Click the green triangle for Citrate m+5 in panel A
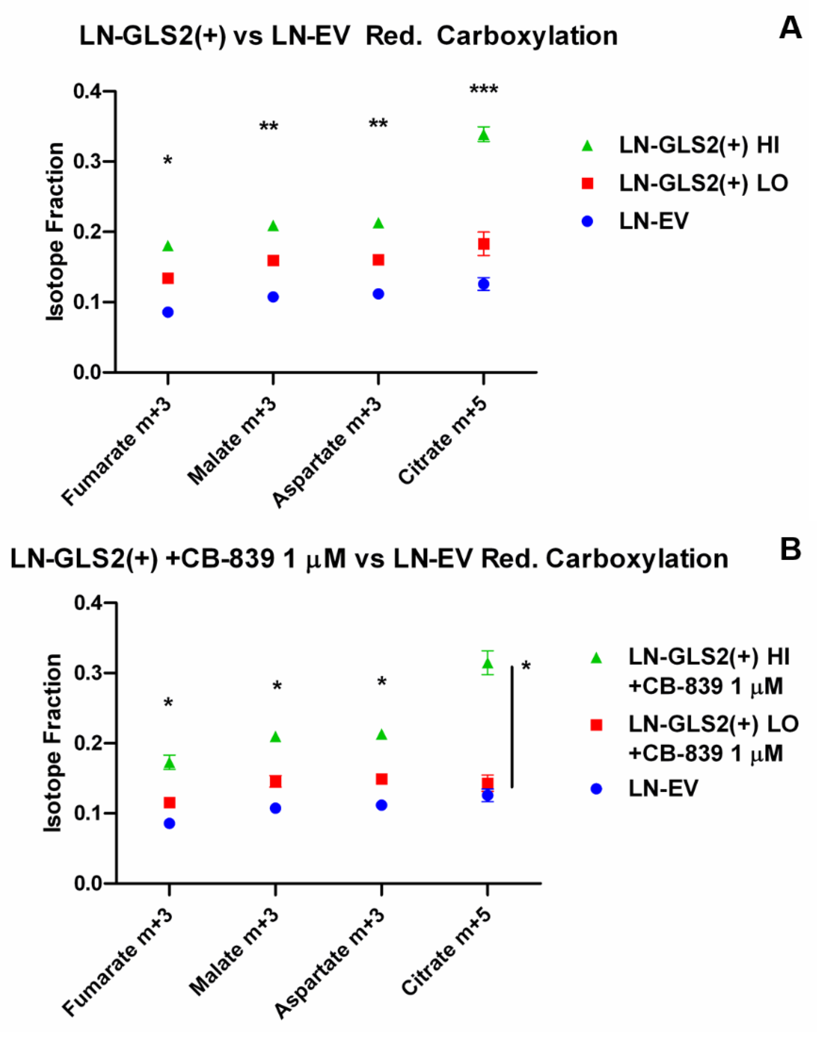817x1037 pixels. [x=484, y=136]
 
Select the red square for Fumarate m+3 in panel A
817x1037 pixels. [x=168, y=278]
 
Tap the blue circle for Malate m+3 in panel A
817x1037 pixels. [x=273, y=297]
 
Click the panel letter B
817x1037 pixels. [x=790, y=550]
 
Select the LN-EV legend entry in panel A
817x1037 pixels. [x=653, y=222]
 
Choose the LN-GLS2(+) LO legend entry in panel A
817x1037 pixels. [x=703, y=183]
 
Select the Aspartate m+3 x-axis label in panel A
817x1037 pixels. [x=328, y=452]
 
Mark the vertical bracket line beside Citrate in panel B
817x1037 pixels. [x=512, y=727]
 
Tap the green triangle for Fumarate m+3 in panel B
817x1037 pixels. [x=169, y=764]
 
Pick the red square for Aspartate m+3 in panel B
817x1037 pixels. [x=381, y=779]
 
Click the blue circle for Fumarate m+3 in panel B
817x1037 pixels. [x=169, y=823]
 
